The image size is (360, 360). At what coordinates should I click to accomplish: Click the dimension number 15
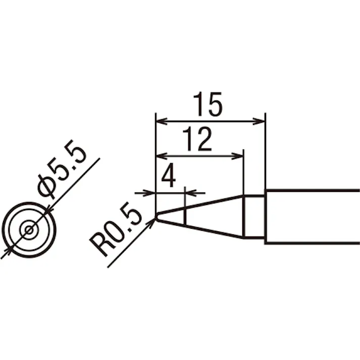click(x=208, y=104)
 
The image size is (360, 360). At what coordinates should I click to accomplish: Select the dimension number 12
click(x=197, y=139)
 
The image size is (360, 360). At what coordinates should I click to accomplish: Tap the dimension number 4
click(x=169, y=175)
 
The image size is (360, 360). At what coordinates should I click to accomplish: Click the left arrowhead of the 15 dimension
click(x=162, y=121)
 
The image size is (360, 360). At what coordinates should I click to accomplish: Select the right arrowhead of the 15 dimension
click(x=259, y=121)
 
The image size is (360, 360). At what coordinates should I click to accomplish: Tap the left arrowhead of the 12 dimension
click(x=162, y=157)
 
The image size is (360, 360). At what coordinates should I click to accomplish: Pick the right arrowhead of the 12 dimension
click(x=237, y=157)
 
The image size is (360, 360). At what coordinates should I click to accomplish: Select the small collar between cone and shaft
click(x=254, y=217)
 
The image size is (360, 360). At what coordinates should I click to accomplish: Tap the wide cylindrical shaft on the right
click(x=312, y=217)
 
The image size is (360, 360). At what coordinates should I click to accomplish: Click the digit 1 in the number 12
click(x=189, y=139)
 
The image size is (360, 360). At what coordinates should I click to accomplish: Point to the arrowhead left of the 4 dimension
click(x=150, y=193)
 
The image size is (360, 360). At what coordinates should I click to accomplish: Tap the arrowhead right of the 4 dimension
click(x=190, y=193)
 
